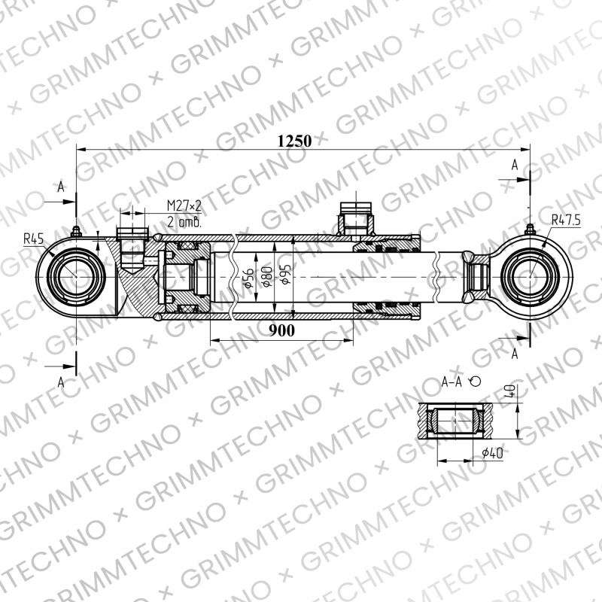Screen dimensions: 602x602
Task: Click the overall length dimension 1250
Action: (294, 141)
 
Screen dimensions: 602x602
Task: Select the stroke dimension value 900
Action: (281, 330)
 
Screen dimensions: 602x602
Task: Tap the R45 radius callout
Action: (34, 239)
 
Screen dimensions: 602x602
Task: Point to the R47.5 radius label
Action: (566, 220)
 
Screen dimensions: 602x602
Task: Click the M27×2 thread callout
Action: (184, 205)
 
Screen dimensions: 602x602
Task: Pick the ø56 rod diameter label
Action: (248, 278)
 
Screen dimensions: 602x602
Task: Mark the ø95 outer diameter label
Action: (286, 274)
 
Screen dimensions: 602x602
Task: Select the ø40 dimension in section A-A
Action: (492, 453)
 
